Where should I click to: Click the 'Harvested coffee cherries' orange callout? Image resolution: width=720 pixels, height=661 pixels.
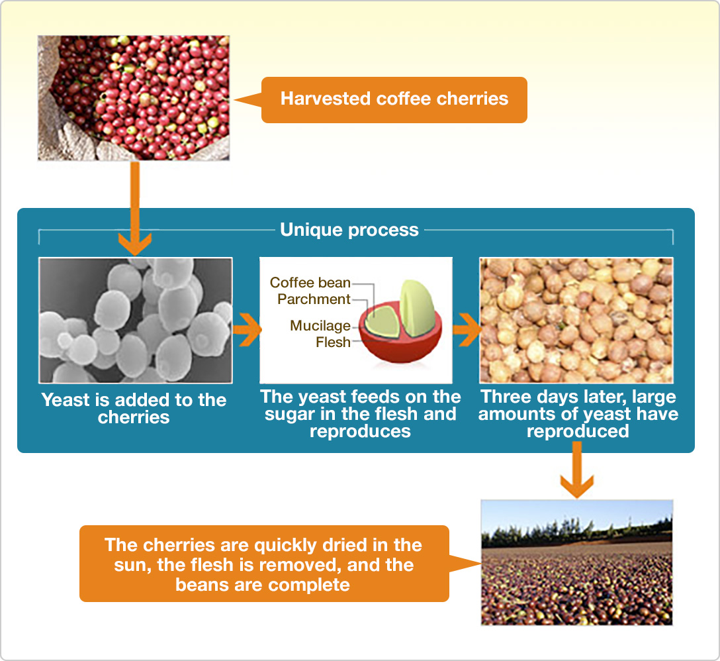coord(394,100)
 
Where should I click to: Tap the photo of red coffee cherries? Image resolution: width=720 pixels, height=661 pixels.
coord(134,98)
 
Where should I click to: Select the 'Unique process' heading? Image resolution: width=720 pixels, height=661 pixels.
coord(349,229)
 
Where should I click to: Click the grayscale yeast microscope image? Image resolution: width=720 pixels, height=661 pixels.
coord(136,320)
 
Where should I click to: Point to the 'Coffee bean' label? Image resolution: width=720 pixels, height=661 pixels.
coord(310,282)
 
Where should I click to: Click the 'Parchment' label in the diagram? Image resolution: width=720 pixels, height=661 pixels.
coord(314,299)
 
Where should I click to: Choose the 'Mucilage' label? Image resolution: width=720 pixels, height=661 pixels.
coord(320,326)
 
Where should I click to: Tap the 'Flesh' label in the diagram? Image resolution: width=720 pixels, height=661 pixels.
coord(333,342)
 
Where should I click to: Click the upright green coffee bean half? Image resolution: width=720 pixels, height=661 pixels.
coord(417,308)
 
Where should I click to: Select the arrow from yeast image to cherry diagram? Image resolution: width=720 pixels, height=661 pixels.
coord(247,330)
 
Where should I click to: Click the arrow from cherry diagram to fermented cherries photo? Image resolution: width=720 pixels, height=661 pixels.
coord(467,330)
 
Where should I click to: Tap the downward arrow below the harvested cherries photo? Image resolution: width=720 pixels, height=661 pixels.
coord(135,208)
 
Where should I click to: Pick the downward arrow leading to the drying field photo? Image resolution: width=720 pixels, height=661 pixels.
coord(577,470)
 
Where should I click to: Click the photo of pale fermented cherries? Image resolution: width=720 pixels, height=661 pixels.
coord(576,321)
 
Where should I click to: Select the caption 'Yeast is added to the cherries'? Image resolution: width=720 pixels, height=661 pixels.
coord(134,408)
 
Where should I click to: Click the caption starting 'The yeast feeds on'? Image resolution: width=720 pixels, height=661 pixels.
coord(361,414)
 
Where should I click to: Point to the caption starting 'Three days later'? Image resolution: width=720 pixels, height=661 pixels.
coord(578,414)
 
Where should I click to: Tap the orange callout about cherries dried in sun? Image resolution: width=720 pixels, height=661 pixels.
coord(264,564)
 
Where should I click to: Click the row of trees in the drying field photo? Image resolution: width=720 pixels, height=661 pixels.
coord(577,531)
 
